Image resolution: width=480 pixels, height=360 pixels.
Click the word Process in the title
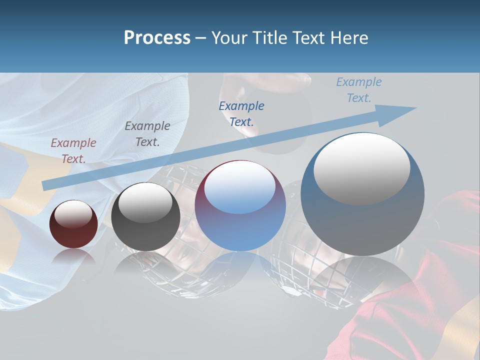pyautogui.click(x=157, y=38)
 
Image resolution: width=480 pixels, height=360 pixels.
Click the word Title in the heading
pyautogui.click(x=270, y=38)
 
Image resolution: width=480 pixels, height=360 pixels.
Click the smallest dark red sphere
pyautogui.click(x=73, y=224)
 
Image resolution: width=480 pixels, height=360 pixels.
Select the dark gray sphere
pyautogui.click(x=145, y=217)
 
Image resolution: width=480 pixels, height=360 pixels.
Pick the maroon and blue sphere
pyautogui.click(x=240, y=206)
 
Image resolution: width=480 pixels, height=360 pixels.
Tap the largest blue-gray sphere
pyautogui.click(x=362, y=194)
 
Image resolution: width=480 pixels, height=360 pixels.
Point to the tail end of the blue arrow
pyautogui.click(x=45, y=185)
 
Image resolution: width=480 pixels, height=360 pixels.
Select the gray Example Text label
pyautogui.click(x=147, y=134)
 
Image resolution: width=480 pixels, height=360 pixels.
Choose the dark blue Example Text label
pyautogui.click(x=241, y=113)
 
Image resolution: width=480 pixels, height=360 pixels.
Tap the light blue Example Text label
pyautogui.click(x=359, y=90)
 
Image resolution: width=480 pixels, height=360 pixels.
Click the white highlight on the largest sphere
pyautogui.click(x=361, y=168)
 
